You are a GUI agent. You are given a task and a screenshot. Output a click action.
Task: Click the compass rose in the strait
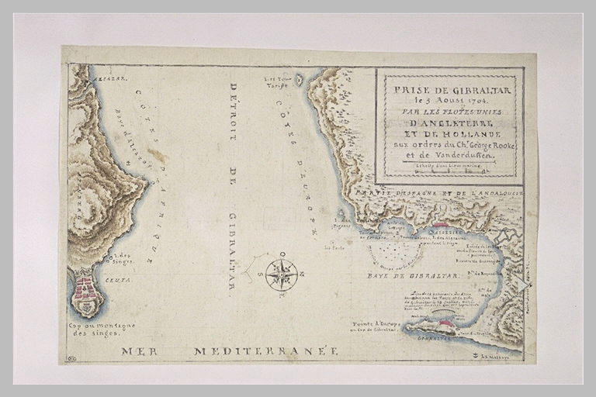[x=281, y=274]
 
